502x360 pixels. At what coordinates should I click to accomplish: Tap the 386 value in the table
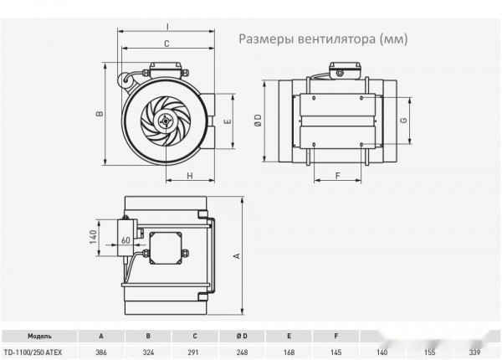pyautogui.click(x=101, y=352)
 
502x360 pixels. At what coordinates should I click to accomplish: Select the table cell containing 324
pyautogui.click(x=148, y=352)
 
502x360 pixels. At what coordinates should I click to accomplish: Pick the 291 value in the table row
pyautogui.click(x=195, y=352)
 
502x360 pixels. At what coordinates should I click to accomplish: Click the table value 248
pyautogui.click(x=242, y=352)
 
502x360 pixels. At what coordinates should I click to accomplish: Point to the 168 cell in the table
pyautogui.click(x=289, y=352)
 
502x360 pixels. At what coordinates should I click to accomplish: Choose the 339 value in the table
pyautogui.click(x=476, y=352)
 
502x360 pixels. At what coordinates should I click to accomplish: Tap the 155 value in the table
pyautogui.click(x=429, y=352)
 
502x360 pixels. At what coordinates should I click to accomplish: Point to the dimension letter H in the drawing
pyautogui.click(x=190, y=175)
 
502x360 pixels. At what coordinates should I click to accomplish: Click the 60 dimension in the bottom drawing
pyautogui.click(x=125, y=239)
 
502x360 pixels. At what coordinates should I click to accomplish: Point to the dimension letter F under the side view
pyautogui.click(x=338, y=176)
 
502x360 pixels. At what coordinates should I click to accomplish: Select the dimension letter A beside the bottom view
pyautogui.click(x=238, y=255)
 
